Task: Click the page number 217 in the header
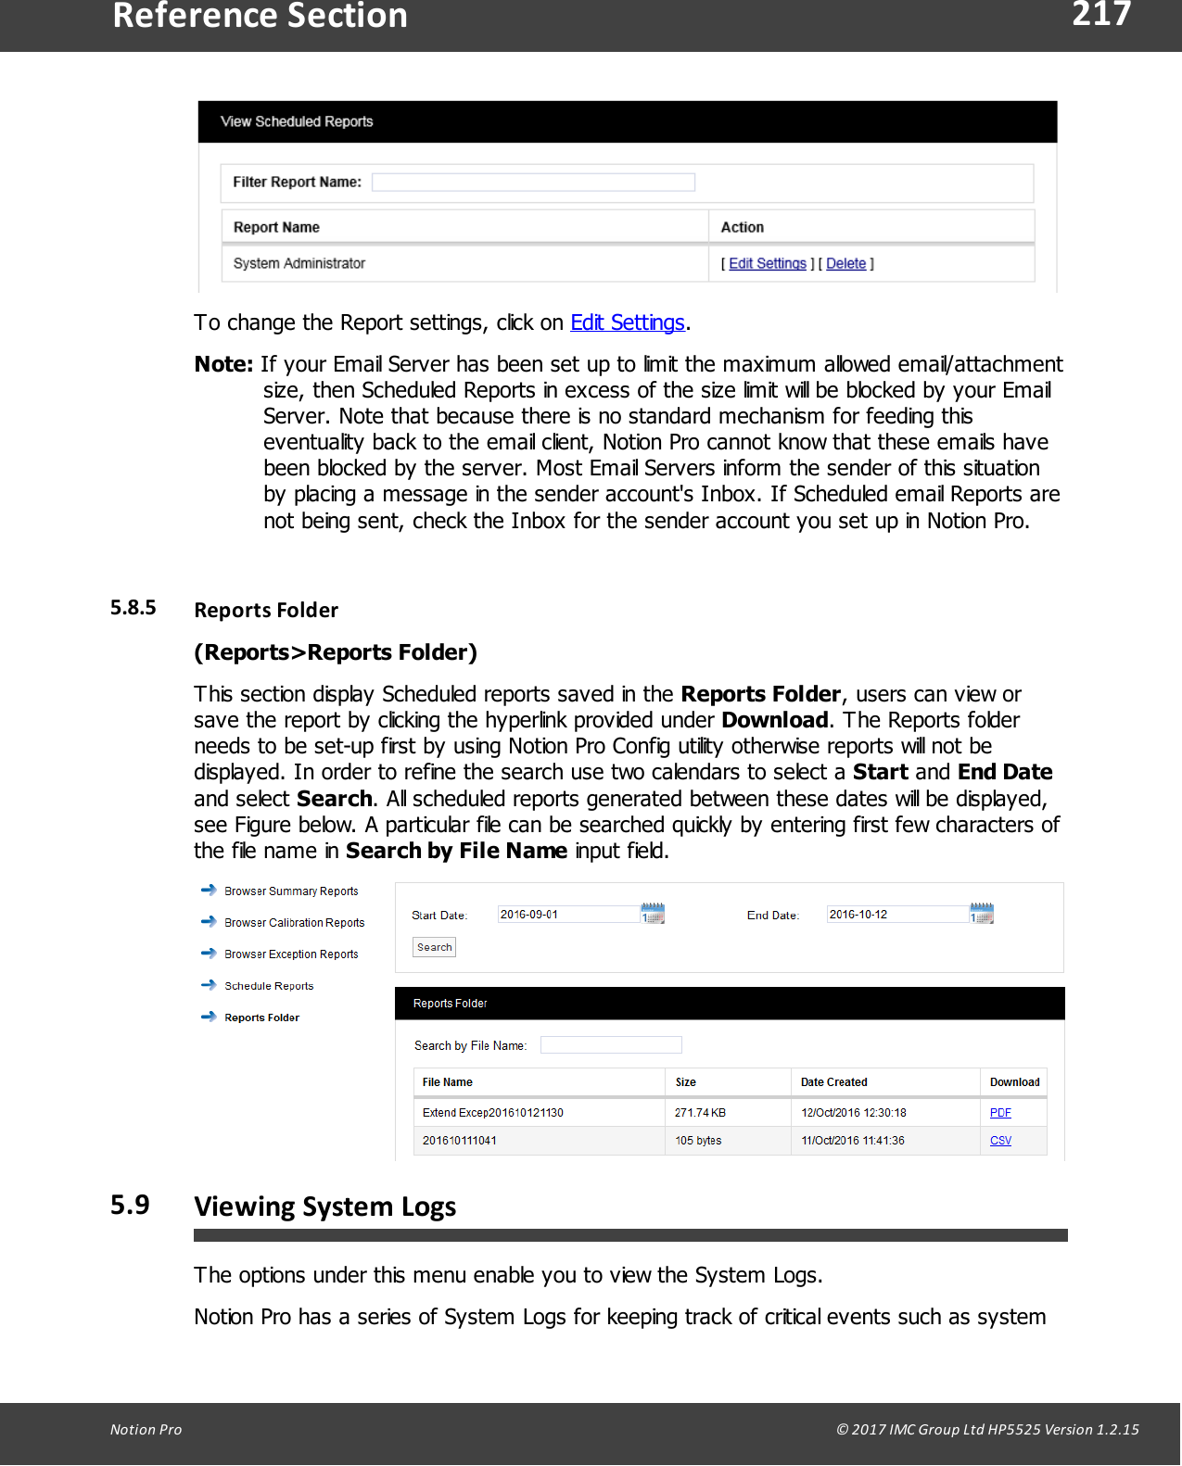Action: [x=1101, y=15]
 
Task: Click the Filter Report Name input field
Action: [x=533, y=183]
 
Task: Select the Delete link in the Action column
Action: [x=845, y=264]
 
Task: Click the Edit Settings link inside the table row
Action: [x=767, y=264]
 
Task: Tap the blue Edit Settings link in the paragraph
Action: [x=627, y=322]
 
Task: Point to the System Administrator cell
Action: [x=299, y=264]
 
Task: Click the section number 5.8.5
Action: [x=133, y=608]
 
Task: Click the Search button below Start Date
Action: [x=434, y=947]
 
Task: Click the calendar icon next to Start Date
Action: [x=653, y=914]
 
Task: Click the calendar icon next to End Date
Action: [x=982, y=914]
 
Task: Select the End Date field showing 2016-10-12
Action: [x=896, y=915]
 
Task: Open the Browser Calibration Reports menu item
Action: [x=294, y=923]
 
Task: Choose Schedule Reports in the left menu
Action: [x=269, y=986]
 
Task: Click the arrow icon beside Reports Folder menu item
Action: [x=209, y=1017]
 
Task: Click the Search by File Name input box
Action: [x=611, y=1045]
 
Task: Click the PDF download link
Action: [x=1000, y=1113]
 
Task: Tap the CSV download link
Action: [x=1000, y=1141]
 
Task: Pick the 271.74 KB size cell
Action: [x=700, y=1113]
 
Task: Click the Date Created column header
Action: [x=833, y=1082]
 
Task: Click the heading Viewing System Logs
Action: [x=324, y=1207]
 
